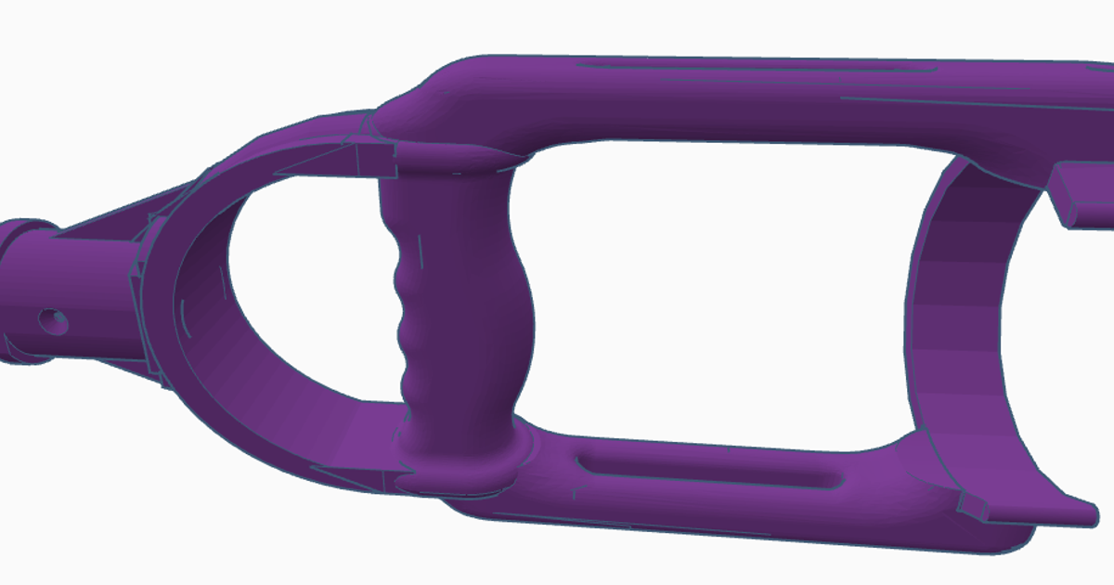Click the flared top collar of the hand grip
(x=446, y=160)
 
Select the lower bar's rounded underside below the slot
(x=743, y=520)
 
